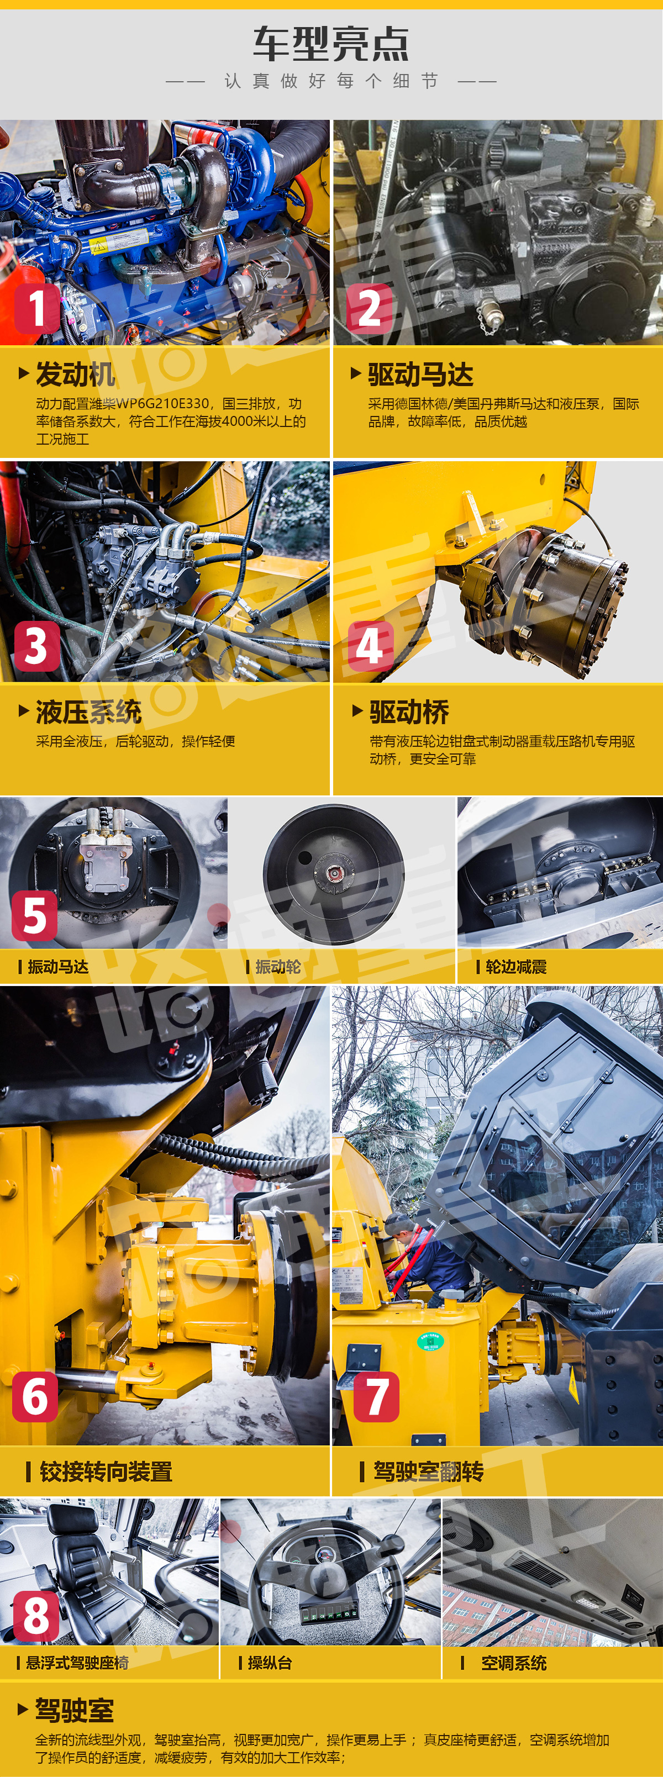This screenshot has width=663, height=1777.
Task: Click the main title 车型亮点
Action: click(x=331, y=44)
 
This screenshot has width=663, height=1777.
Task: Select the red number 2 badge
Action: click(x=369, y=308)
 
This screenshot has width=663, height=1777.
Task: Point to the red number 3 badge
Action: click(x=36, y=646)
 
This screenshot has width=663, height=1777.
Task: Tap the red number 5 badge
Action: click(x=34, y=915)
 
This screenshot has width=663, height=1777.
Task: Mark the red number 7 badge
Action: click(x=376, y=1396)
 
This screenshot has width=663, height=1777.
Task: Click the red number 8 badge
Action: click(x=36, y=1616)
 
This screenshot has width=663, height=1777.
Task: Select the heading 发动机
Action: click(x=75, y=375)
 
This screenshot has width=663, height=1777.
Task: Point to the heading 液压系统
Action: click(x=88, y=712)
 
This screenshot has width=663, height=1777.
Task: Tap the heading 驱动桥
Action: click(x=409, y=712)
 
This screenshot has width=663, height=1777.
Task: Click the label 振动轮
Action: click(x=278, y=967)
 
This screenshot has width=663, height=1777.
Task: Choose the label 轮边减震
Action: click(x=516, y=967)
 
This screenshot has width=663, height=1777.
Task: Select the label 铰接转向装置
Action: click(x=106, y=1472)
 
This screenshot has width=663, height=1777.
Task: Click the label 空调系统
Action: click(x=514, y=1663)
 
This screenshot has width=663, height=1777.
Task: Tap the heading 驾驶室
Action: click(x=75, y=1710)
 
